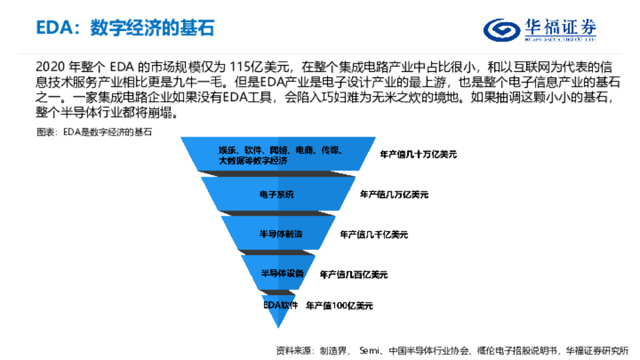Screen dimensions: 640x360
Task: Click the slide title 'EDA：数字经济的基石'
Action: click(x=125, y=28)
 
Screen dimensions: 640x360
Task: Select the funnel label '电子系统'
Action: click(x=276, y=194)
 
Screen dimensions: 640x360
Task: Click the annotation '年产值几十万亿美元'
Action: click(x=418, y=154)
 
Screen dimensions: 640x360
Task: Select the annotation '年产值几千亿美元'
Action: click(x=374, y=234)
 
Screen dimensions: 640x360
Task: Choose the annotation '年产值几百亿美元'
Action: click(x=353, y=274)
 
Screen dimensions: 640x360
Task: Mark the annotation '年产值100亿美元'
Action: click(x=339, y=306)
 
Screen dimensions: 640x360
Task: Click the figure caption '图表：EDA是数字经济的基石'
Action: click(x=94, y=132)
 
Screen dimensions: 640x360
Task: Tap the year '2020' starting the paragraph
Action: click(x=49, y=66)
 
